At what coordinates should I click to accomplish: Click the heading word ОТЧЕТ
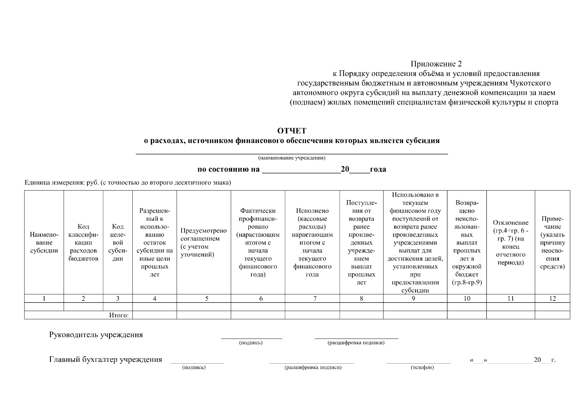pyautogui.click(x=292, y=131)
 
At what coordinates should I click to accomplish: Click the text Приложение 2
pyautogui.click(x=436, y=64)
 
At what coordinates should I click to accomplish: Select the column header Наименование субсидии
pyautogui.click(x=44, y=243)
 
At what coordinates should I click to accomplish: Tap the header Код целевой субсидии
pyautogui.click(x=118, y=243)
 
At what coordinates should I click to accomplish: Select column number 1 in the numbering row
pyautogui.click(x=44, y=299)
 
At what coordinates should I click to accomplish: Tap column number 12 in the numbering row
pyautogui.click(x=552, y=299)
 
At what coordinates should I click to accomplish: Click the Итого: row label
pyautogui.click(x=119, y=315)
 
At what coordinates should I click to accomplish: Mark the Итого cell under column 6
pyautogui.click(x=258, y=315)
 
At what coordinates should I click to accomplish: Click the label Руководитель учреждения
pyautogui.click(x=96, y=335)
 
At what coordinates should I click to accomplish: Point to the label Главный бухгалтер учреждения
pyautogui.click(x=106, y=360)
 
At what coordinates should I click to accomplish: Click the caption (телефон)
pyautogui.click(x=422, y=368)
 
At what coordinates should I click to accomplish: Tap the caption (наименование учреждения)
pyautogui.click(x=292, y=158)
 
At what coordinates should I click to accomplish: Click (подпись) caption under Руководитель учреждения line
pyautogui.click(x=251, y=343)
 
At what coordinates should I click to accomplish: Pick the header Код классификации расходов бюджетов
pyautogui.click(x=83, y=243)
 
